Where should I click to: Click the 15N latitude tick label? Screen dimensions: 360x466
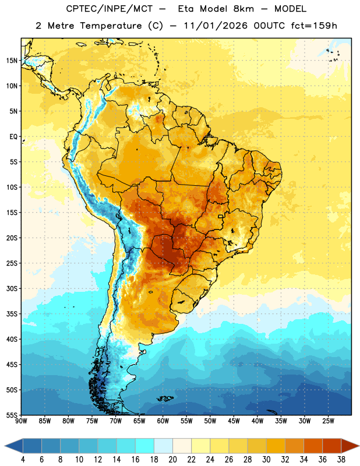click(12, 61)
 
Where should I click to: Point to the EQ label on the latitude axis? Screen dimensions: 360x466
click(13, 137)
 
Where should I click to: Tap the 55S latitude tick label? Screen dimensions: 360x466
click(12, 415)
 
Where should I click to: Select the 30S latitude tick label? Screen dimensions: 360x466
click(12, 288)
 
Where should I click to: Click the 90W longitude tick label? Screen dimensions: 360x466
click(21, 421)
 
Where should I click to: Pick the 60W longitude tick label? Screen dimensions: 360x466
click(163, 421)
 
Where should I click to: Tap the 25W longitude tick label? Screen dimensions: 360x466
click(328, 421)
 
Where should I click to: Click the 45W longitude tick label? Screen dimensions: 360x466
click(234, 421)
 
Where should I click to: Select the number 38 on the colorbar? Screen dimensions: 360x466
click(341, 460)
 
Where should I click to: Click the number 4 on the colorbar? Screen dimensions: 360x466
click(23, 460)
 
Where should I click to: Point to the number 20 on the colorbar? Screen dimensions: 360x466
click(172, 460)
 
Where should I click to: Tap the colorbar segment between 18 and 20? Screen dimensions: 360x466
click(163, 446)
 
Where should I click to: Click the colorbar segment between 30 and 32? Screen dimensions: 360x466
click(276, 446)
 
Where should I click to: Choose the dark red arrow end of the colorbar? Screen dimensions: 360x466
click(350, 446)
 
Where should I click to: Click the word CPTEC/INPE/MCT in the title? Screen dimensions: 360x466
click(110, 9)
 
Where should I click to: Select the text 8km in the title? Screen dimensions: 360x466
click(243, 9)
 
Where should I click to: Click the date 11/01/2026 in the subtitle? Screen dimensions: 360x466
click(216, 26)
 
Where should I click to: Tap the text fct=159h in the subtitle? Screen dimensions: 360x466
click(314, 26)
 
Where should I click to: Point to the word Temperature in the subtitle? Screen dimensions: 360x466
click(111, 26)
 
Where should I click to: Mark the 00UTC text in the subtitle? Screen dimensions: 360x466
click(269, 26)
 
